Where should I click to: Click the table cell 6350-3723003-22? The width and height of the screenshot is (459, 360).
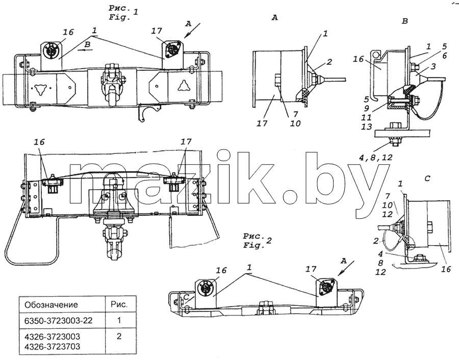58,321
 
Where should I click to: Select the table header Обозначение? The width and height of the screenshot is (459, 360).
51,305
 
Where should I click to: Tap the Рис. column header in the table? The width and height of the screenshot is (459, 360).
119,304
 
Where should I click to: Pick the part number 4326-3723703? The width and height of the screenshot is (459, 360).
52,347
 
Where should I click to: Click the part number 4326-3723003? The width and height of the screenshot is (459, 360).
52,337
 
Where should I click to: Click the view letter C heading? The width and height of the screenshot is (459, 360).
427,178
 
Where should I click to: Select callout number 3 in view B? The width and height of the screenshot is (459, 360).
433,66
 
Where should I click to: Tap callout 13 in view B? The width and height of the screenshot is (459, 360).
367,126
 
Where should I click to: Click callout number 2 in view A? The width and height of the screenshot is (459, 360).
329,62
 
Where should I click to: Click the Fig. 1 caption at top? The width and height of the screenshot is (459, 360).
123,13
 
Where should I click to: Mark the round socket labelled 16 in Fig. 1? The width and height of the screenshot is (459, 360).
49,49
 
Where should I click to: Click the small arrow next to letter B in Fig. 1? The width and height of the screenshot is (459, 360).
88,50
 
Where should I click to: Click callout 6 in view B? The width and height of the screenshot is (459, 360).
444,55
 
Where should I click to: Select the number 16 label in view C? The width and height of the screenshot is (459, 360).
446,268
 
